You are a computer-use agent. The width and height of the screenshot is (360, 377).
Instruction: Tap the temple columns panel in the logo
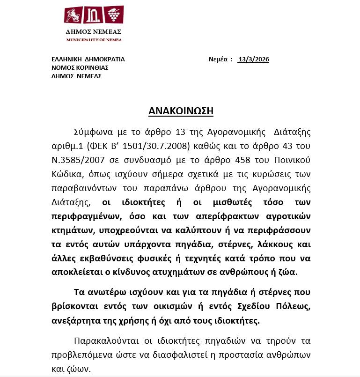click(94, 16)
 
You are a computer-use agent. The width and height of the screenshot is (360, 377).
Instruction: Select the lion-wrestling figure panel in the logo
click(74, 16)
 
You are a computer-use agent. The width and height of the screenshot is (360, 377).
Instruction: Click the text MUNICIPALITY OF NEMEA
click(94, 40)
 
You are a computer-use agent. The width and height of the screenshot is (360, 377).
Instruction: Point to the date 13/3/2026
click(253, 59)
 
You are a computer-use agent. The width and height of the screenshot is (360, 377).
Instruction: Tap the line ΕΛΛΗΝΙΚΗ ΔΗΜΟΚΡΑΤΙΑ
click(88, 59)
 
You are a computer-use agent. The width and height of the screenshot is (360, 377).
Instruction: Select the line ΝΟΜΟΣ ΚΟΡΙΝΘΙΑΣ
click(80, 68)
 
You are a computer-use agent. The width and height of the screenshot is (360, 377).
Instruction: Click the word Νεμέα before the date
click(218, 59)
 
